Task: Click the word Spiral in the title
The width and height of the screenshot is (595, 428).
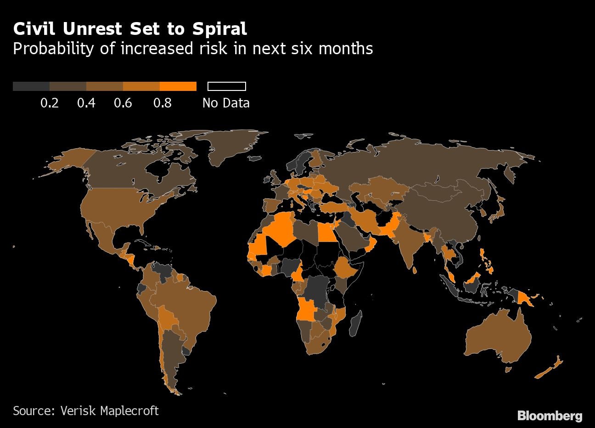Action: [x=219, y=29]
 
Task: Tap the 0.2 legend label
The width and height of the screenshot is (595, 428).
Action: [x=50, y=103]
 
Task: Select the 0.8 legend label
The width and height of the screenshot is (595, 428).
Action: [x=163, y=103]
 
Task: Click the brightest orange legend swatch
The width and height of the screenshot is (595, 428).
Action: [x=178, y=86]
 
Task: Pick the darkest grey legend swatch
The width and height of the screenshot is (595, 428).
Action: [x=31, y=86]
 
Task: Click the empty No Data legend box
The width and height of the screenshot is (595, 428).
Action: [x=227, y=86]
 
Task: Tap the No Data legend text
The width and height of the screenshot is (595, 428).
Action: [x=226, y=103]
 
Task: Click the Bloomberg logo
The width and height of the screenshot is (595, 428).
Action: [x=550, y=416]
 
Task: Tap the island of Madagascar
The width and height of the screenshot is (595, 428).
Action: [x=355, y=322]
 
